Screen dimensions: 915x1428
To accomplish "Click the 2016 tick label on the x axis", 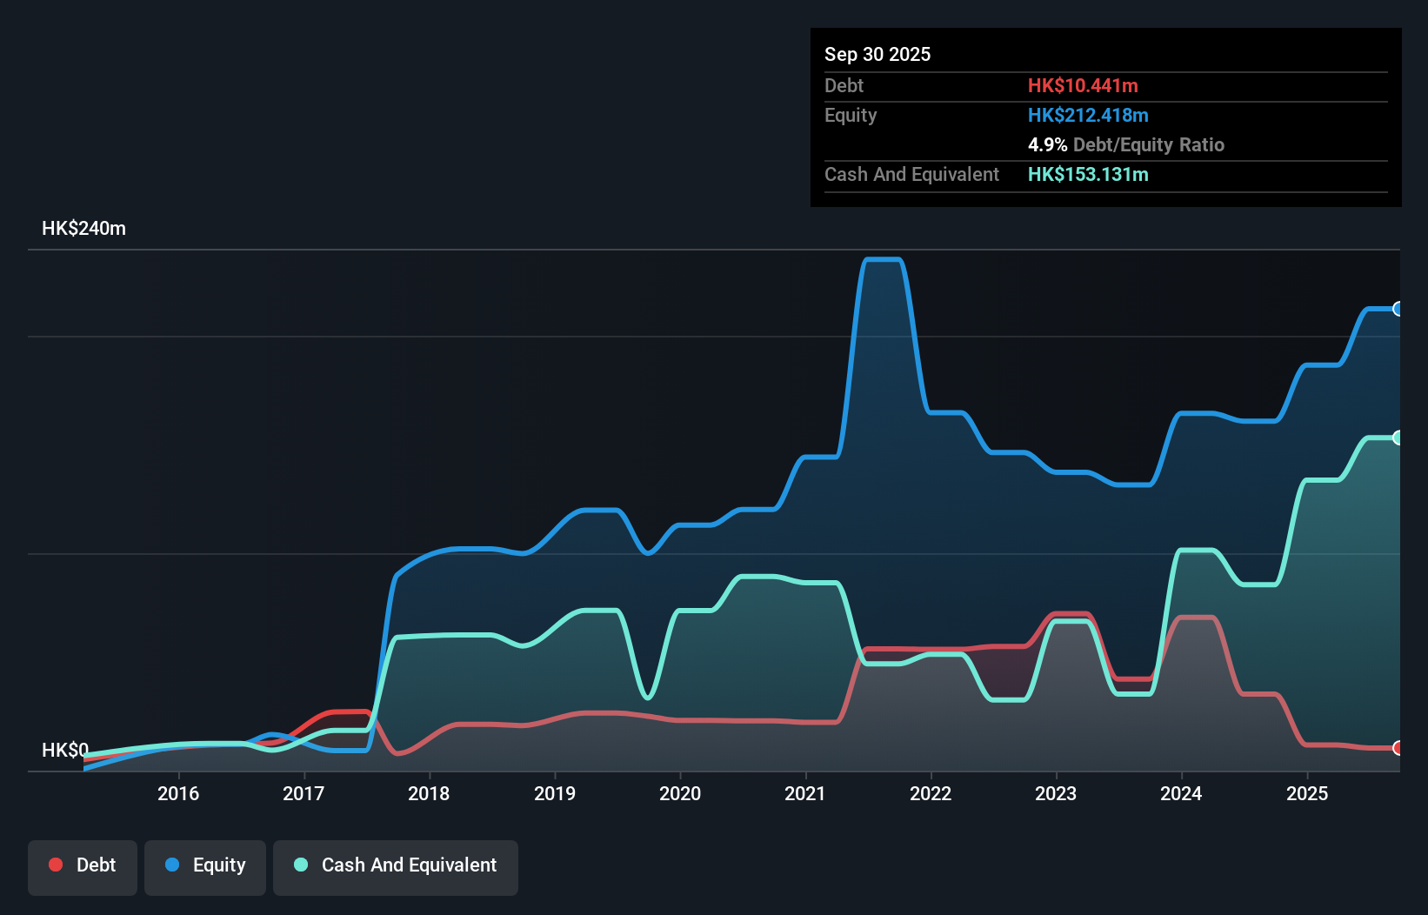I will coord(178,793).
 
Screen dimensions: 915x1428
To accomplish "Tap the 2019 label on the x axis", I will coord(555,793).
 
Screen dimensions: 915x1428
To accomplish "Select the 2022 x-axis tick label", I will coord(931,793).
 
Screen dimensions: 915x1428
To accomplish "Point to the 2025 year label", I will coord(1307,793).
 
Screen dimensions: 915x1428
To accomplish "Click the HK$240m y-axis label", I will coord(83,229).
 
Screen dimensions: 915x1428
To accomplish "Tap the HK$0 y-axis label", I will coord(65,750).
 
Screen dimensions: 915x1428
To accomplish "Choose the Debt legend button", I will coord(83,865).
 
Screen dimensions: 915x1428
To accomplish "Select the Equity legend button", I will coord(205,865).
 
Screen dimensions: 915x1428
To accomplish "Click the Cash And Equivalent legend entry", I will coord(396,865).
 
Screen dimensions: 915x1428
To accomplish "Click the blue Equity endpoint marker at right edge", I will coord(1398,309).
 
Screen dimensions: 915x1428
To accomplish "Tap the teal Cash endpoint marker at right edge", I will coord(1398,437).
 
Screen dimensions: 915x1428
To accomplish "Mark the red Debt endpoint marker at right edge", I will coord(1398,748).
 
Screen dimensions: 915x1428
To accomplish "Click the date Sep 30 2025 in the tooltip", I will coord(877,54).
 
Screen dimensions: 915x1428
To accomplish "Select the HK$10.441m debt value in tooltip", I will coord(1083,85).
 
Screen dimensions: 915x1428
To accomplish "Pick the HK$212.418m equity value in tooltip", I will coord(1088,115).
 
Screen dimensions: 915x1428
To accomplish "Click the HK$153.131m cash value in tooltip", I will coord(1088,174).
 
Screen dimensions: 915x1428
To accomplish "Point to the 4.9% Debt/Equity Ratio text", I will coord(1125,144).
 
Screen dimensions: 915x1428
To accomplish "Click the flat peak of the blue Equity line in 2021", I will coord(883,259).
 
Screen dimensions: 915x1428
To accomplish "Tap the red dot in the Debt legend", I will coord(56,865).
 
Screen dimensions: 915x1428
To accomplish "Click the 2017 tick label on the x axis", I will coord(304,793).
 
